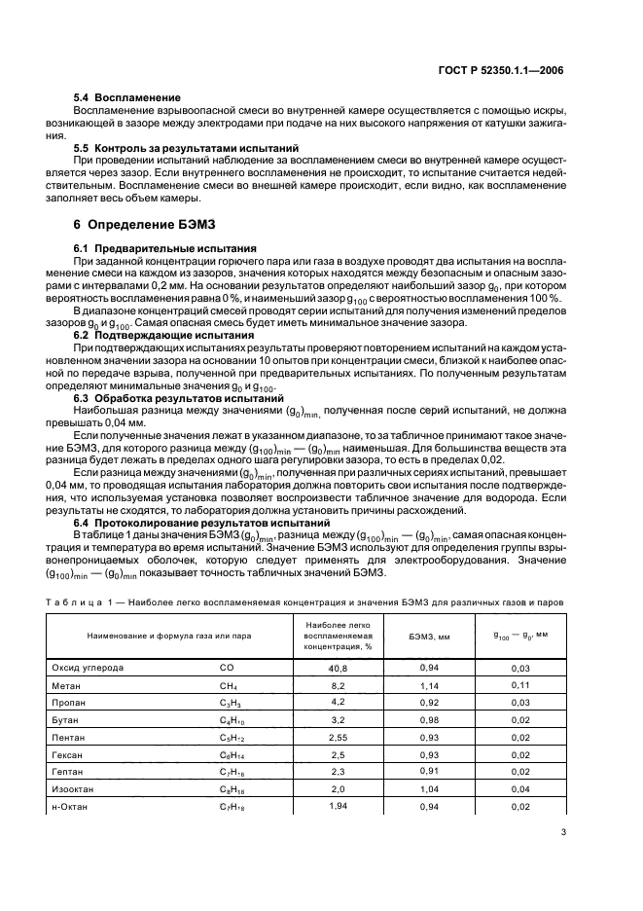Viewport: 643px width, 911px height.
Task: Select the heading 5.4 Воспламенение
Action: (x=127, y=98)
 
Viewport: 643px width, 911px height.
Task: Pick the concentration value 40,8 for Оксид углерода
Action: (x=338, y=669)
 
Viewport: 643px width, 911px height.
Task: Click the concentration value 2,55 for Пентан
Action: (x=338, y=737)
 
